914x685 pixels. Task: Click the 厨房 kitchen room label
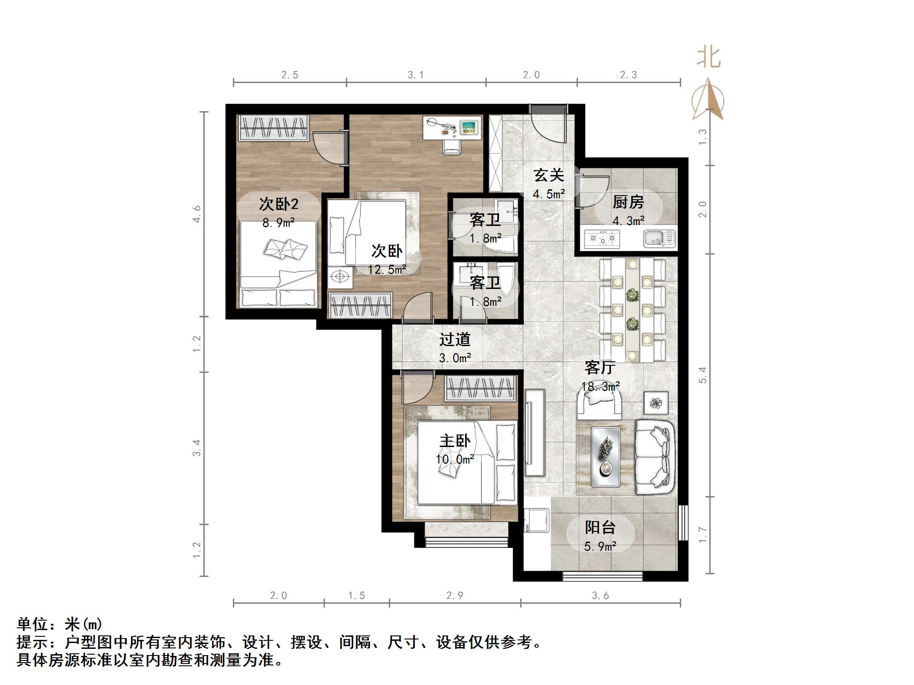(628, 202)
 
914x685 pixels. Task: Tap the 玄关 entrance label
(548, 175)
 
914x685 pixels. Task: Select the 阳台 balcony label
(600, 527)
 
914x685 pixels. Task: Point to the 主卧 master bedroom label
(455, 441)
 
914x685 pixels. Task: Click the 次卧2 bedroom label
(278, 204)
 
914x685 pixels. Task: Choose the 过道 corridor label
(455, 339)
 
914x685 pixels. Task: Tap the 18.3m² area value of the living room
(600, 386)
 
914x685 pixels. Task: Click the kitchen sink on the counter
(659, 238)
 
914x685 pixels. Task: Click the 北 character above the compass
(709, 58)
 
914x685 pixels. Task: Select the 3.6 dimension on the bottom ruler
(600, 595)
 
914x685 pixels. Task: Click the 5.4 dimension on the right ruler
(703, 375)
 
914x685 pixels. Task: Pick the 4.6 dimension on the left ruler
(197, 213)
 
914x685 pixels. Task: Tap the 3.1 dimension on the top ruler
(415, 75)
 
